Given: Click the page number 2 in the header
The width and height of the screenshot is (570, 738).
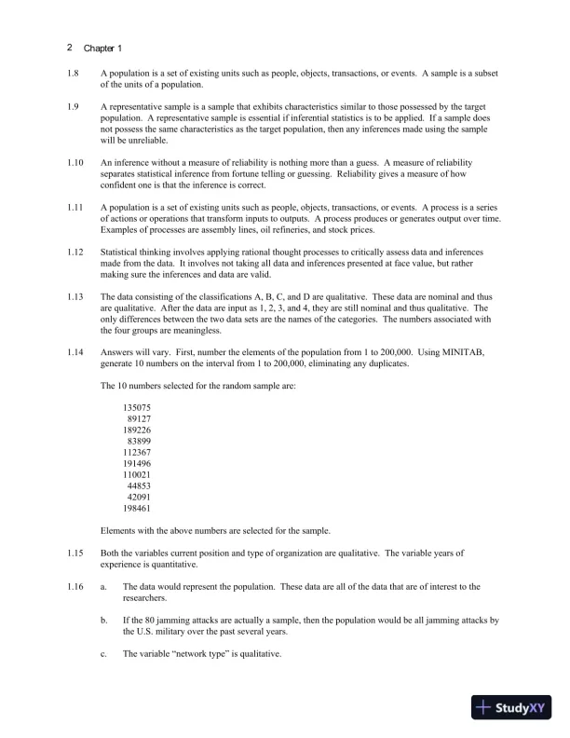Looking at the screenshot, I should (x=70, y=47).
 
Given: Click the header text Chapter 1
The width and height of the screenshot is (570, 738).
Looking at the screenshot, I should (x=102, y=48).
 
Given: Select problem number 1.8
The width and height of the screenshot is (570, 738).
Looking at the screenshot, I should (x=75, y=74).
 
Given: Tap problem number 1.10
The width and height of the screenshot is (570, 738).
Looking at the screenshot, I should (x=76, y=162).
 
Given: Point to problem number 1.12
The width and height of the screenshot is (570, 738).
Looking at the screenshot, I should (x=76, y=252).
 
